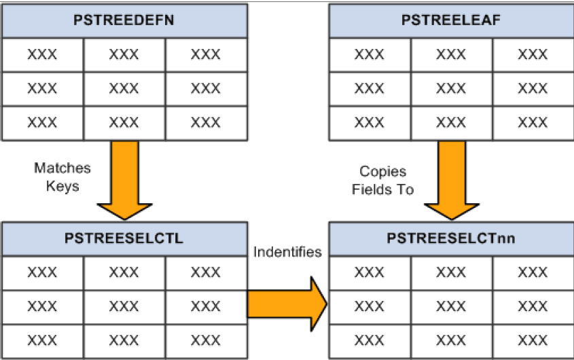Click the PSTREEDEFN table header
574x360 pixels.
(x=124, y=20)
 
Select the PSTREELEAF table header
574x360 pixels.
(x=451, y=20)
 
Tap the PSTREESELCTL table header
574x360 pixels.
(x=124, y=238)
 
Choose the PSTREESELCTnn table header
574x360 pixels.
(x=451, y=238)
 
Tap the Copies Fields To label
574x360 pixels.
(x=382, y=181)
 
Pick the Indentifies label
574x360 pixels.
(x=287, y=252)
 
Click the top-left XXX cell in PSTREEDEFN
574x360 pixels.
(x=42, y=54)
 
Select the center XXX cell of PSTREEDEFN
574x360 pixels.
(x=124, y=88)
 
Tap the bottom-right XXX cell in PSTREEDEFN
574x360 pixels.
(x=205, y=123)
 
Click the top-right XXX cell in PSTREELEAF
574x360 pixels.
(x=533, y=54)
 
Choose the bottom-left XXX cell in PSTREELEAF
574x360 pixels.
(x=370, y=123)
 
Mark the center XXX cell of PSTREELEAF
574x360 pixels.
(x=451, y=88)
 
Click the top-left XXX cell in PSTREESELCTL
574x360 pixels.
(x=42, y=272)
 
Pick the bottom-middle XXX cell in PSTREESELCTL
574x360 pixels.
(x=124, y=340)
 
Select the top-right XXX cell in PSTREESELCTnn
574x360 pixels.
(x=533, y=272)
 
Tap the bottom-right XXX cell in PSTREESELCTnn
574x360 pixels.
(x=533, y=340)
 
